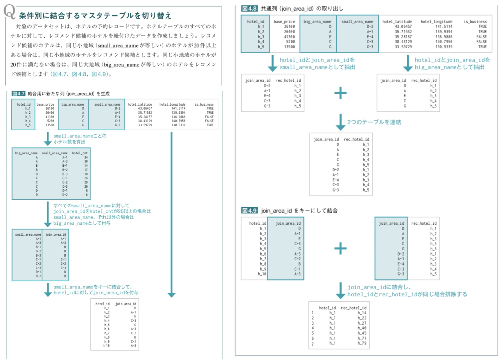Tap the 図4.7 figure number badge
click(x=18, y=94)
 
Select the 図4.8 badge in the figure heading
click(x=249, y=8)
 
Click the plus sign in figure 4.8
click(x=340, y=93)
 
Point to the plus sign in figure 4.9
click(x=340, y=248)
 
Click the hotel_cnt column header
click(x=80, y=153)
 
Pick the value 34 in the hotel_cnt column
click(x=86, y=157)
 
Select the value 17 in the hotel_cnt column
click(x=86, y=170)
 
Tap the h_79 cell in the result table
click(x=362, y=343)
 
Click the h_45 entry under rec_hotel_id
click(x=362, y=333)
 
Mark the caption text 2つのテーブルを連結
click(x=374, y=122)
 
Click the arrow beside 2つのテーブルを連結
click(x=340, y=122)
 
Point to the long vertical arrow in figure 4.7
click(x=171, y=215)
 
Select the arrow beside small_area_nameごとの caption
click(x=48, y=139)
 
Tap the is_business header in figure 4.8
click(x=475, y=21)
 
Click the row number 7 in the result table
click(x=313, y=344)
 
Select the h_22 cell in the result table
click(x=362, y=318)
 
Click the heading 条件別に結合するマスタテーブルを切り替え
click(x=95, y=16)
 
